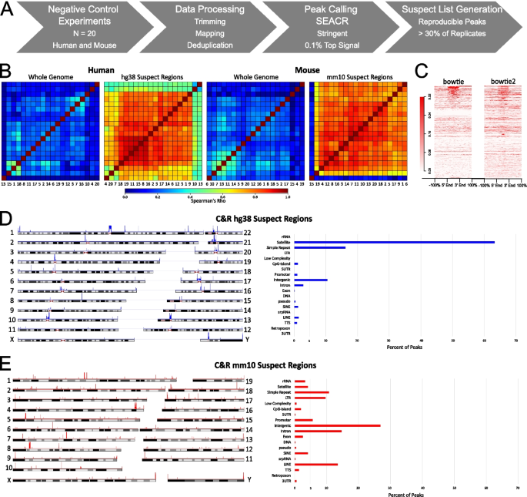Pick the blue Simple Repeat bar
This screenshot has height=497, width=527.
tap(320, 247)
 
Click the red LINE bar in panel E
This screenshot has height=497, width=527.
tap(316, 465)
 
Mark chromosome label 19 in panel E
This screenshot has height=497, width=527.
tap(249, 381)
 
